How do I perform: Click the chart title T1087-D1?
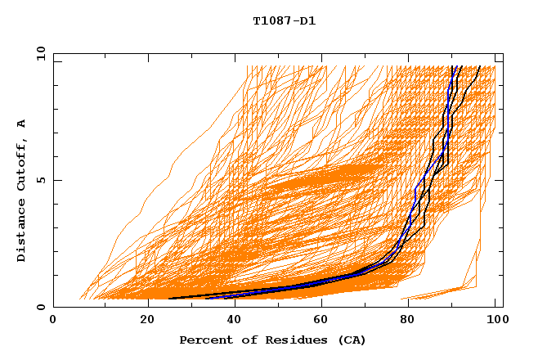point(284,20)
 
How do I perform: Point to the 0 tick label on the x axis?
point(53,322)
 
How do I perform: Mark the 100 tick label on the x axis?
point(495,322)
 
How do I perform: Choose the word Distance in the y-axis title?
point(22,232)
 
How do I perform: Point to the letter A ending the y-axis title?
point(22,123)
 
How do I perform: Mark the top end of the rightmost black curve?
point(478,66)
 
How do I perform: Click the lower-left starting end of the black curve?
point(168,299)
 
